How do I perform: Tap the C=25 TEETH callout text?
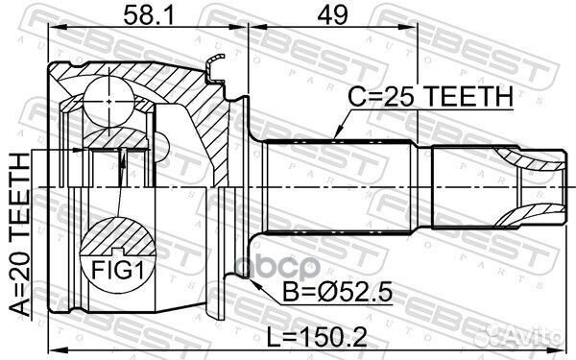(430, 96)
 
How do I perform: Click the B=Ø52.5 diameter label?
(338, 293)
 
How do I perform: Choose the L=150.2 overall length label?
(317, 337)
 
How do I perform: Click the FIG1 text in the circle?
(117, 270)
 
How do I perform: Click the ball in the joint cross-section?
(109, 102)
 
